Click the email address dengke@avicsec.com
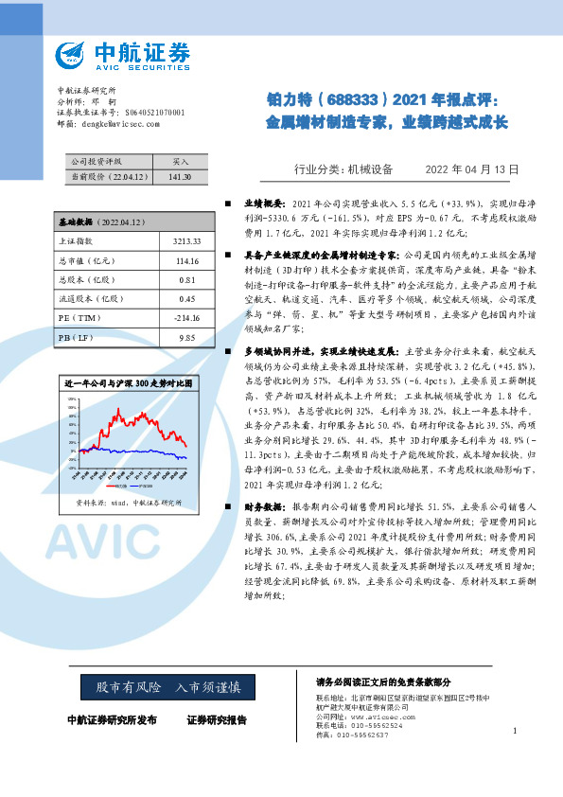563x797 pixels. coord(109,123)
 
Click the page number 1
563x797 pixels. coord(514,730)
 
